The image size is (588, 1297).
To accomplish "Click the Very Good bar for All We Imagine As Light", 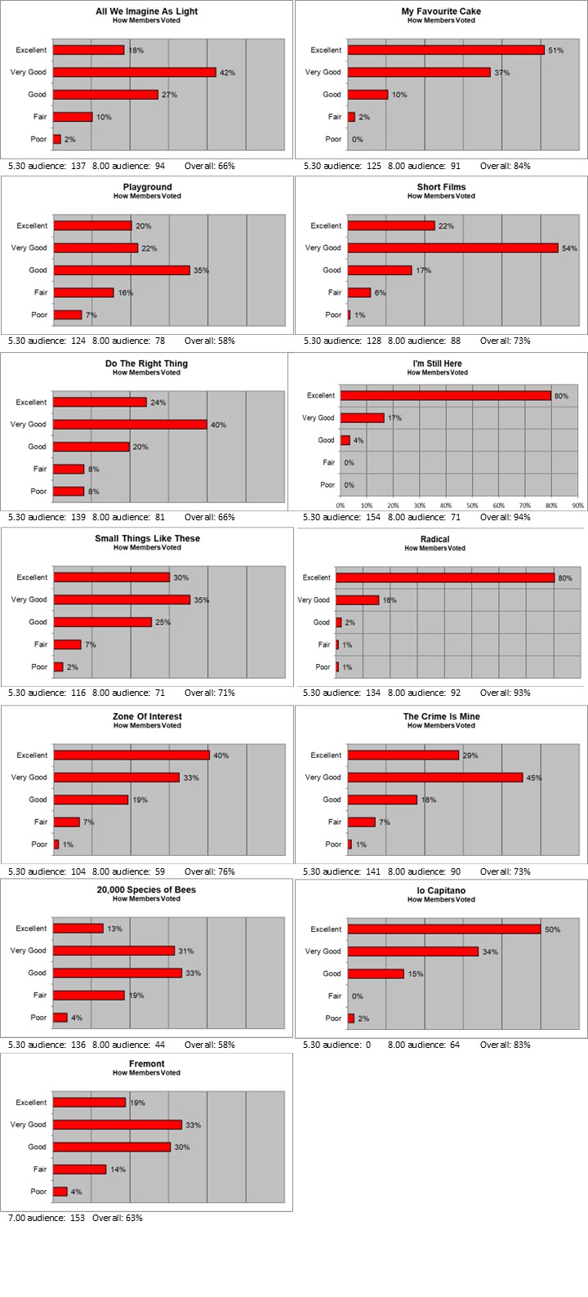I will [135, 73].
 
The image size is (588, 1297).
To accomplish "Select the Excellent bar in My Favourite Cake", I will [446, 50].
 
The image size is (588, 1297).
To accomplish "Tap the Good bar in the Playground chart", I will [122, 270].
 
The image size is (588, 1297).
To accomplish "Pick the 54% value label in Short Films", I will [569, 248].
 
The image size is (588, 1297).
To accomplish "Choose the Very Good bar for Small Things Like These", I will [122, 599].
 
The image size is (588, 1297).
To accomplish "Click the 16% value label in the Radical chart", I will [390, 600].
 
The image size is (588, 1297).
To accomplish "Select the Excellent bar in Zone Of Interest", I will [131, 755].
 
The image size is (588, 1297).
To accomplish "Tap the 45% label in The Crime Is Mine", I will [534, 778].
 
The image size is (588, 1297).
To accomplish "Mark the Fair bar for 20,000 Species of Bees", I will [89, 996].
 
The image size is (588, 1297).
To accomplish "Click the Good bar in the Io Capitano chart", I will [376, 974].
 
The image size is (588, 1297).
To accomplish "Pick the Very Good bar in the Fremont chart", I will [118, 1125].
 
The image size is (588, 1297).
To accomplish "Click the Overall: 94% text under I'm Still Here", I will [505, 517].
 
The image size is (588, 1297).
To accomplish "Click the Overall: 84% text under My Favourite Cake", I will [505, 166].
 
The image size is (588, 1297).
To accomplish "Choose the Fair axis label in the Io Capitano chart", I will [334, 996].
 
